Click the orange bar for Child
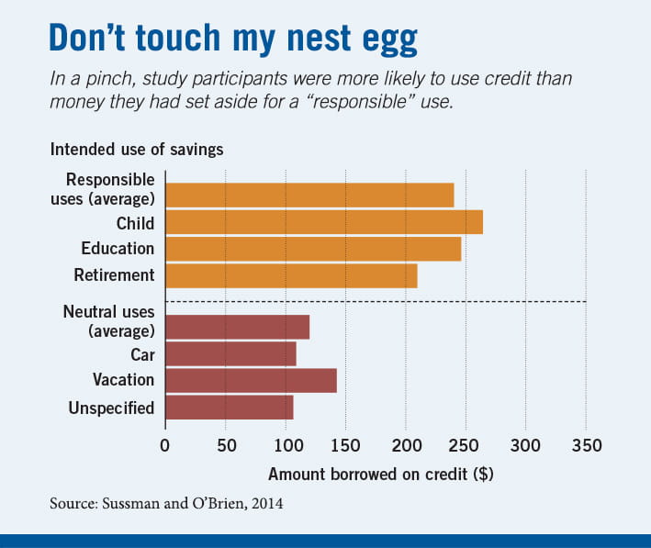323,222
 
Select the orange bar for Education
312,249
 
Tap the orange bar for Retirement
290,275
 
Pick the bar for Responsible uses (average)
309,196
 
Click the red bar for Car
230,353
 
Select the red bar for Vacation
251,380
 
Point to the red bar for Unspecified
229,407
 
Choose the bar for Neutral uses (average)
237,327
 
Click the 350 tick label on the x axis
586,446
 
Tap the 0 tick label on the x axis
165,446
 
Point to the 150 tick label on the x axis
345,446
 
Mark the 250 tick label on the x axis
466,446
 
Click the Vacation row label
123,380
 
